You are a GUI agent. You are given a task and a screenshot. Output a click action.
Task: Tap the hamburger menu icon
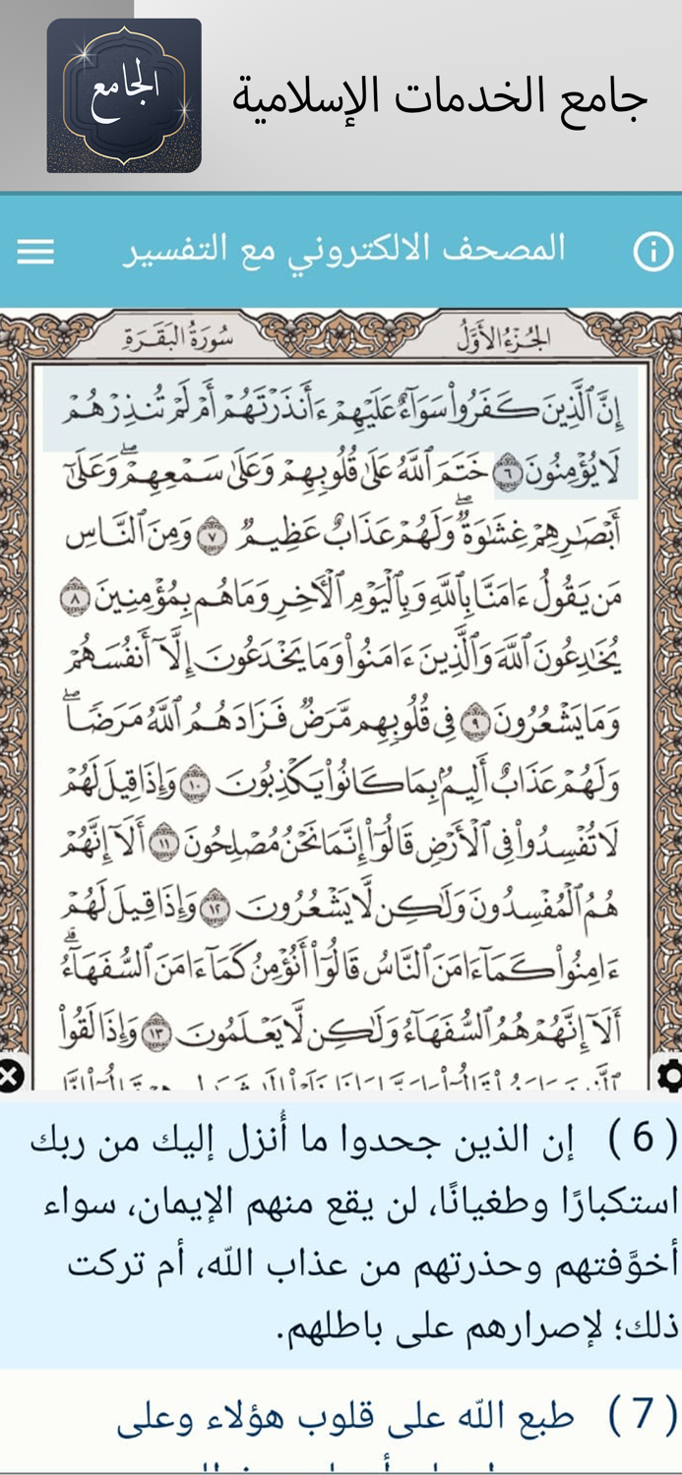[x=35, y=252]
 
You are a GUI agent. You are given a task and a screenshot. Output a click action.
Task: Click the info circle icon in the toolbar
[x=652, y=252]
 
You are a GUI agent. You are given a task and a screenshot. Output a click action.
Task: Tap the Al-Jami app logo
[x=124, y=95]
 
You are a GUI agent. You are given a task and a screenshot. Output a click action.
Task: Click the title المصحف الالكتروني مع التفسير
[x=343, y=250]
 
